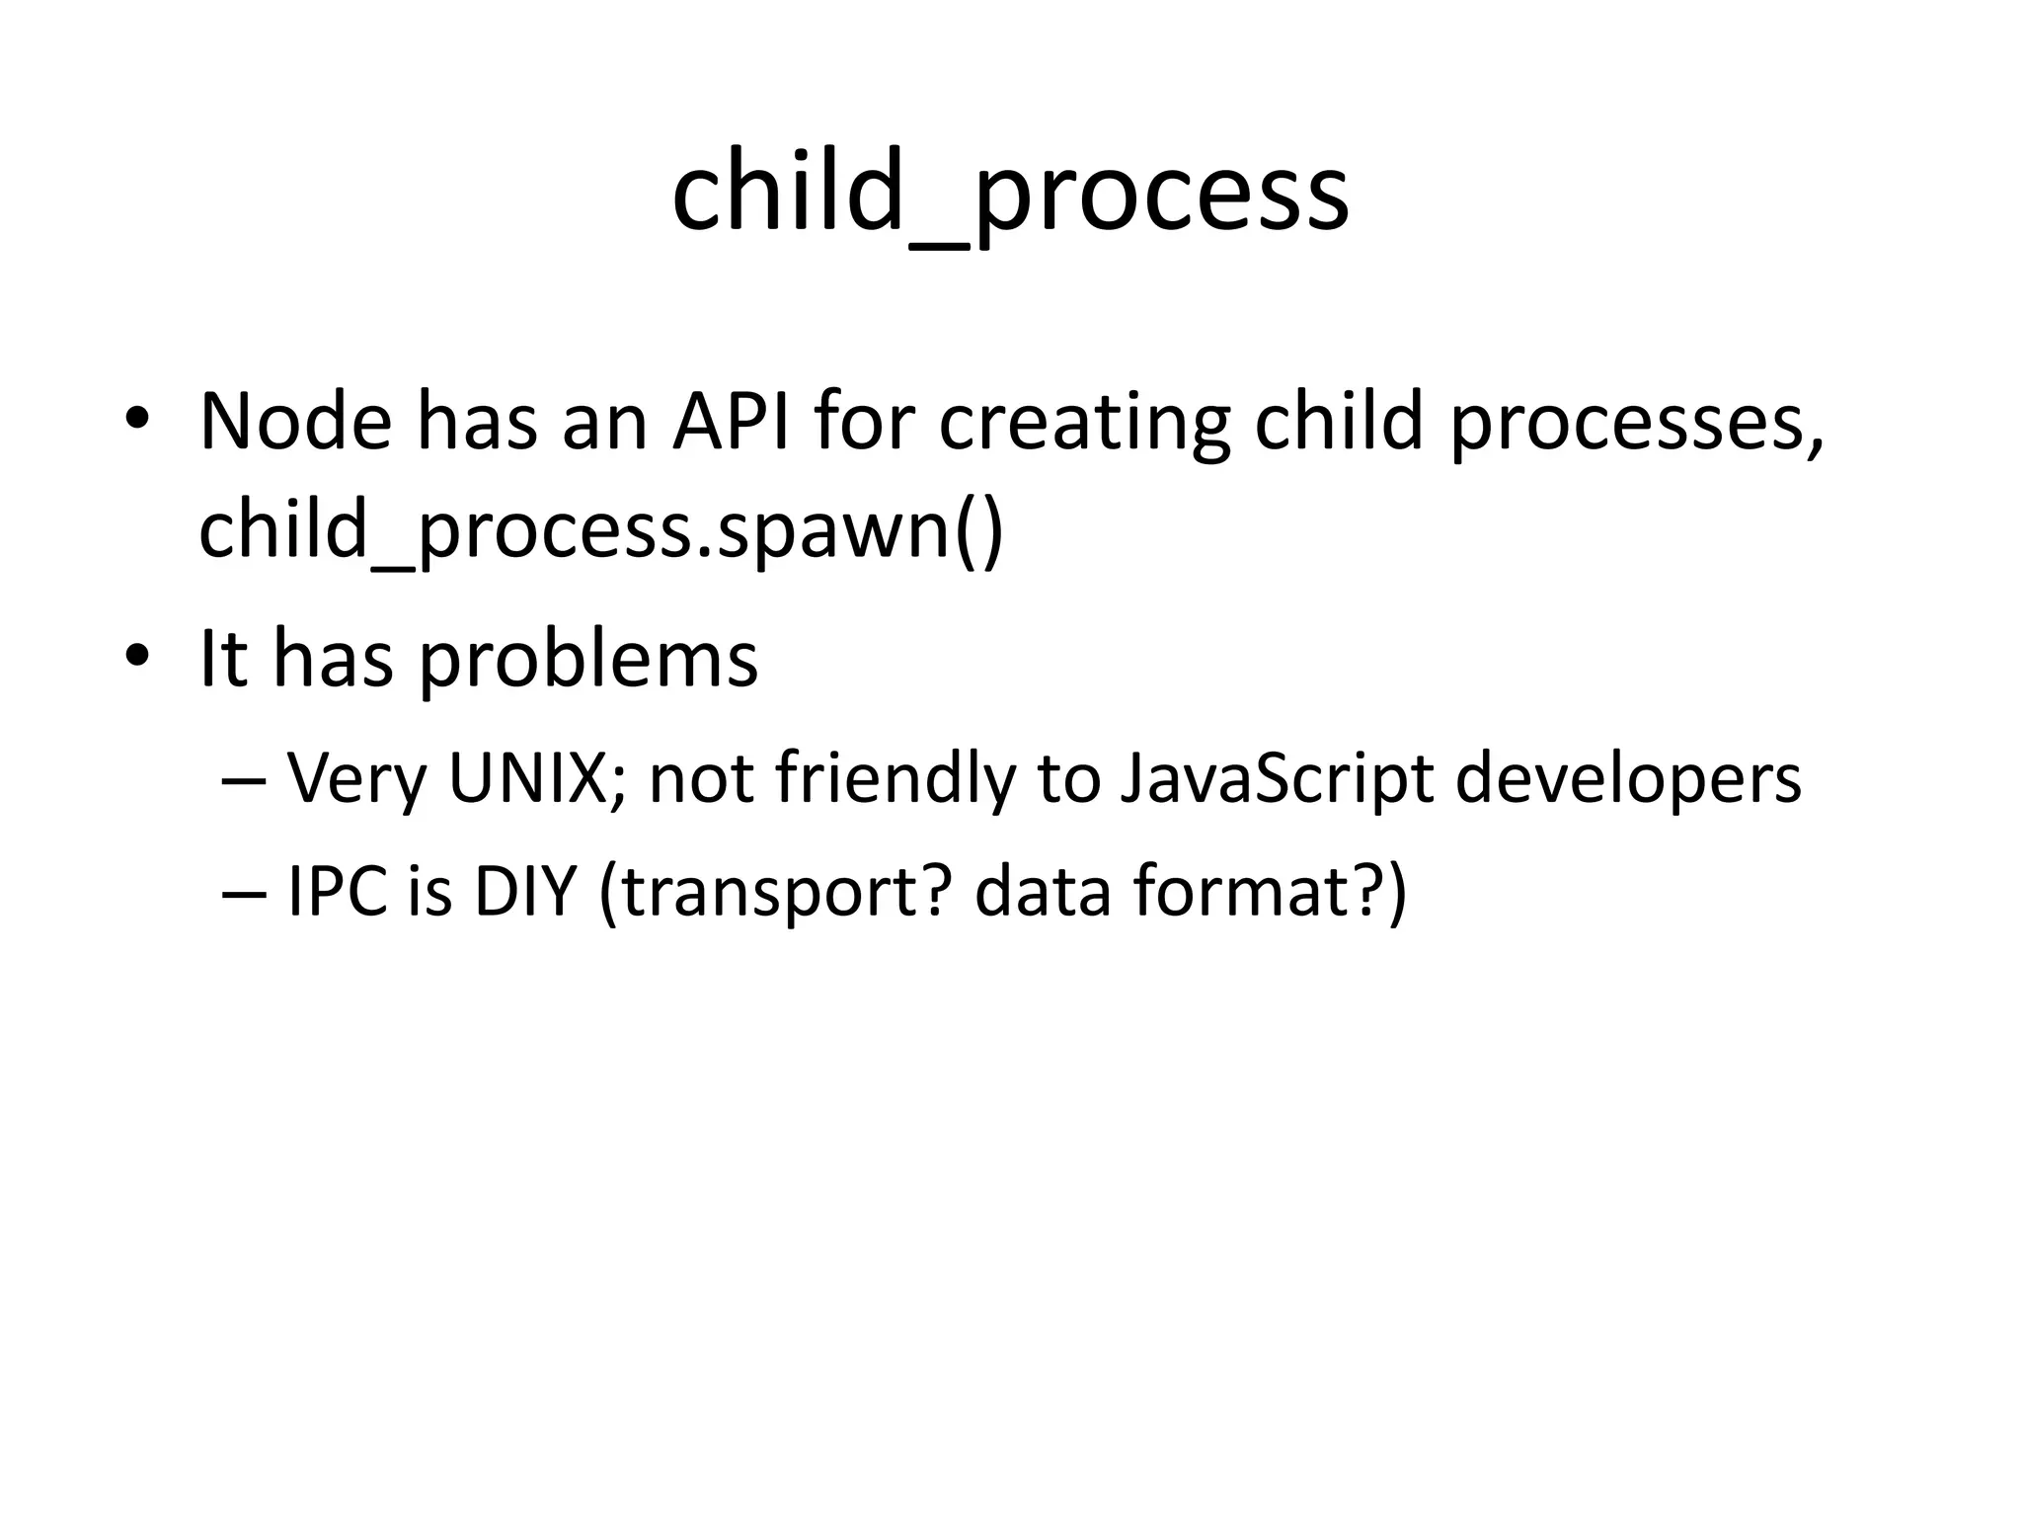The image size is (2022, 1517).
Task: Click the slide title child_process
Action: pos(1010,193)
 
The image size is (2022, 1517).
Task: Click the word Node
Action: pos(295,423)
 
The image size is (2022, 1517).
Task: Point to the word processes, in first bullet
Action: pos(1637,427)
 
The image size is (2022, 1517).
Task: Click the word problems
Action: pos(588,660)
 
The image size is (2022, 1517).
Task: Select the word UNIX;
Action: pos(537,779)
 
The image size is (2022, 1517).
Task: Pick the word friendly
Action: pos(895,779)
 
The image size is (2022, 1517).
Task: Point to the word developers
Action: pos(1628,779)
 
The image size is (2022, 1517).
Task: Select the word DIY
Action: pos(523,892)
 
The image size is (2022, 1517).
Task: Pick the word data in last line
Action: pos(1042,892)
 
